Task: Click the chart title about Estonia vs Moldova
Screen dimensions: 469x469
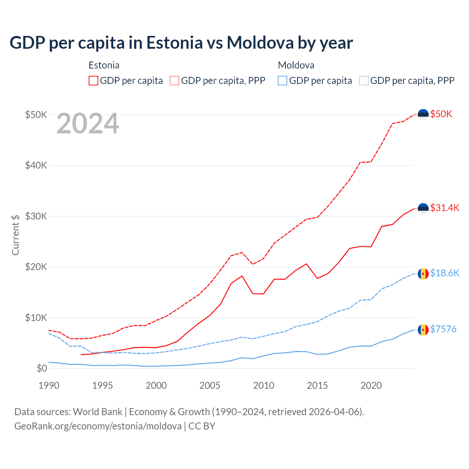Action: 181,43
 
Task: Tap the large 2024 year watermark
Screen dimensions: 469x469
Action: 88,124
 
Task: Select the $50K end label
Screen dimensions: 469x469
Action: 441,114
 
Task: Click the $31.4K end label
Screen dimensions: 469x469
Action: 444,208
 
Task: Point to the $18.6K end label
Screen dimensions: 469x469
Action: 444,273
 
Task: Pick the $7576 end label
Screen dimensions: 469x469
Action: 443,329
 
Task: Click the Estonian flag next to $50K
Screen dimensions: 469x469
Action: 423,115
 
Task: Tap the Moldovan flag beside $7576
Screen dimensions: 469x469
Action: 423,330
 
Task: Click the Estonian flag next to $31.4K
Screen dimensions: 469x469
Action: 423,208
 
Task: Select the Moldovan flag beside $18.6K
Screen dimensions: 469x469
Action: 423,274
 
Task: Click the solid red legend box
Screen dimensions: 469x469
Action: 93,81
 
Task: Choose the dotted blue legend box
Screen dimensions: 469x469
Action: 364,81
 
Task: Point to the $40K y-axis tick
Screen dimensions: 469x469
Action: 36,166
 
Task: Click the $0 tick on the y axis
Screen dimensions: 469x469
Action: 42,369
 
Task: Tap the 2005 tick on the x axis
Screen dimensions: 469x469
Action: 210,385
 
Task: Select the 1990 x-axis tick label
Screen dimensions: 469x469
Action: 49,385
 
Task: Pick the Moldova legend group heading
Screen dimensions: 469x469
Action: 296,66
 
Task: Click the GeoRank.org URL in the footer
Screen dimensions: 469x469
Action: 98,426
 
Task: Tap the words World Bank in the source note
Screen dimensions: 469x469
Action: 97,412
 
